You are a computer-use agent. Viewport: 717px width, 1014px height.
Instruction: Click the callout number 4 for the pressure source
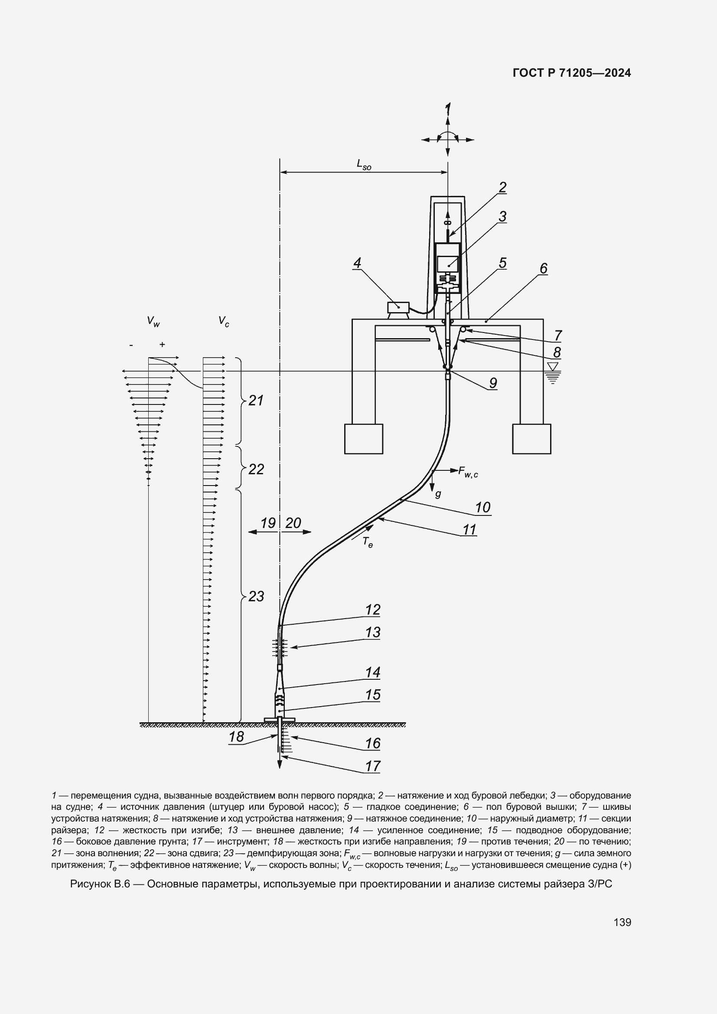pyautogui.click(x=357, y=263)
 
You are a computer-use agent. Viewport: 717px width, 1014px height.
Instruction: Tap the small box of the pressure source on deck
pyautogui.click(x=398, y=306)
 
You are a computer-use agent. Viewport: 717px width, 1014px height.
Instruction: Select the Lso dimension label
pyautogui.click(x=364, y=165)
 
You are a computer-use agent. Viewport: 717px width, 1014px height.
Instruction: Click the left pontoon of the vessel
pyautogui.click(x=363, y=439)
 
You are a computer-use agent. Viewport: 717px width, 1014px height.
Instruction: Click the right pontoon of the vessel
pyautogui.click(x=531, y=439)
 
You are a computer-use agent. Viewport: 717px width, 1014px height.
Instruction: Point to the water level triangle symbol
pyautogui.click(x=553, y=366)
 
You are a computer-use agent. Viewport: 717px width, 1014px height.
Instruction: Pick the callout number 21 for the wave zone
pyautogui.click(x=256, y=400)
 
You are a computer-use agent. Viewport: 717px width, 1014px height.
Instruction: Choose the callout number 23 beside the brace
pyautogui.click(x=256, y=596)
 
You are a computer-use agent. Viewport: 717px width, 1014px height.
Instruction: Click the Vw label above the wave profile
pyautogui.click(x=153, y=322)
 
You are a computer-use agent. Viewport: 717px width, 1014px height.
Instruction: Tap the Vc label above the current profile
pyautogui.click(x=224, y=321)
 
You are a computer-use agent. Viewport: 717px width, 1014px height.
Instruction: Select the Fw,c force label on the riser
pyautogui.click(x=468, y=472)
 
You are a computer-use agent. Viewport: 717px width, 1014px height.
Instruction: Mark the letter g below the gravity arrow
pyautogui.click(x=438, y=494)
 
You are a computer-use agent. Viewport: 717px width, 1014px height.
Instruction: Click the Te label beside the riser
pyautogui.click(x=367, y=542)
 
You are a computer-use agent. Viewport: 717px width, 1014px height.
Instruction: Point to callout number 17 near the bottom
pyautogui.click(x=373, y=766)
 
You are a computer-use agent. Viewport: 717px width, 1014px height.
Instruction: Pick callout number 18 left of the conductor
pyautogui.click(x=236, y=736)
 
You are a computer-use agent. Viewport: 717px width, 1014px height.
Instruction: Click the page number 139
pyautogui.click(x=622, y=922)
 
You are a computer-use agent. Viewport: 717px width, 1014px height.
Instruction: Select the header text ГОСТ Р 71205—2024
pyautogui.click(x=572, y=73)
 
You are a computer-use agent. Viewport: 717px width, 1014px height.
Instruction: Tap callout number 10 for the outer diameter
pyautogui.click(x=482, y=507)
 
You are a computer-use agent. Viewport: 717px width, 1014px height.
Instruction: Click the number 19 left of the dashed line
pyautogui.click(x=267, y=523)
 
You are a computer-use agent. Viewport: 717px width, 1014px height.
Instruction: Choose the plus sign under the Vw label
pyautogui.click(x=162, y=344)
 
